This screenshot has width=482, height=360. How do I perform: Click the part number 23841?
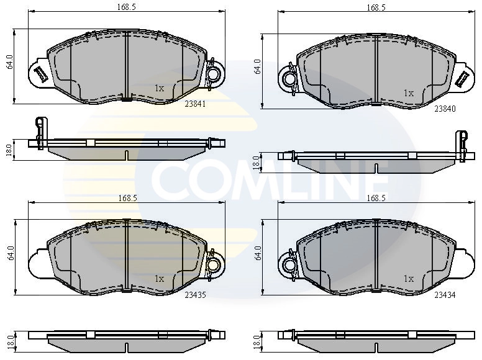(x=194, y=104)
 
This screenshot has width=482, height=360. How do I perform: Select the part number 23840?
(x=445, y=108)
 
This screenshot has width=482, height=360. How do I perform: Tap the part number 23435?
(x=194, y=295)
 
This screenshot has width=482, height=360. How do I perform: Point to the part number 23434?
(x=445, y=295)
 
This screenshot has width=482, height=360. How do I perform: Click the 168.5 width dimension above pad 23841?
(x=127, y=8)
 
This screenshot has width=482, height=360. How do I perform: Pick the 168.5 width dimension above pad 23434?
(x=376, y=198)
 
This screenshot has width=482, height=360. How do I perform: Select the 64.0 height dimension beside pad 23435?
(x=10, y=253)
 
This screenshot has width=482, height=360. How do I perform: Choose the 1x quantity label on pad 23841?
(x=159, y=88)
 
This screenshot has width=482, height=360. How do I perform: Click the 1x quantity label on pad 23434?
(x=408, y=279)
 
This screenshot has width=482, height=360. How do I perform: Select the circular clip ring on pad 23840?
(x=289, y=78)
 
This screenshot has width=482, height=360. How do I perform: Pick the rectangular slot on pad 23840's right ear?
(x=462, y=79)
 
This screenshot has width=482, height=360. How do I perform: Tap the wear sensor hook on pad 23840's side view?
(x=462, y=140)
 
